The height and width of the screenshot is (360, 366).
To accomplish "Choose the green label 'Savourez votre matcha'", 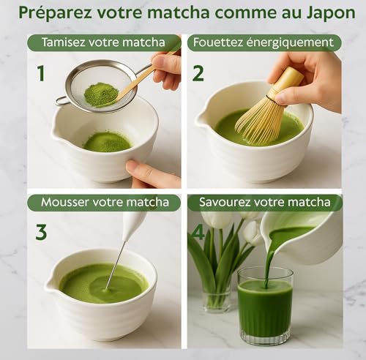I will point(264,202).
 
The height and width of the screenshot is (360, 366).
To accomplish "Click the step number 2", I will point(198,74).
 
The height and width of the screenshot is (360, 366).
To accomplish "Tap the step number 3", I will point(41,232).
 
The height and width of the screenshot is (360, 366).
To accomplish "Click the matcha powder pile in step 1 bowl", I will point(107,141).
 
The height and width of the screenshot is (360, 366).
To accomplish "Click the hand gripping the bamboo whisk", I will point(311,73).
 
